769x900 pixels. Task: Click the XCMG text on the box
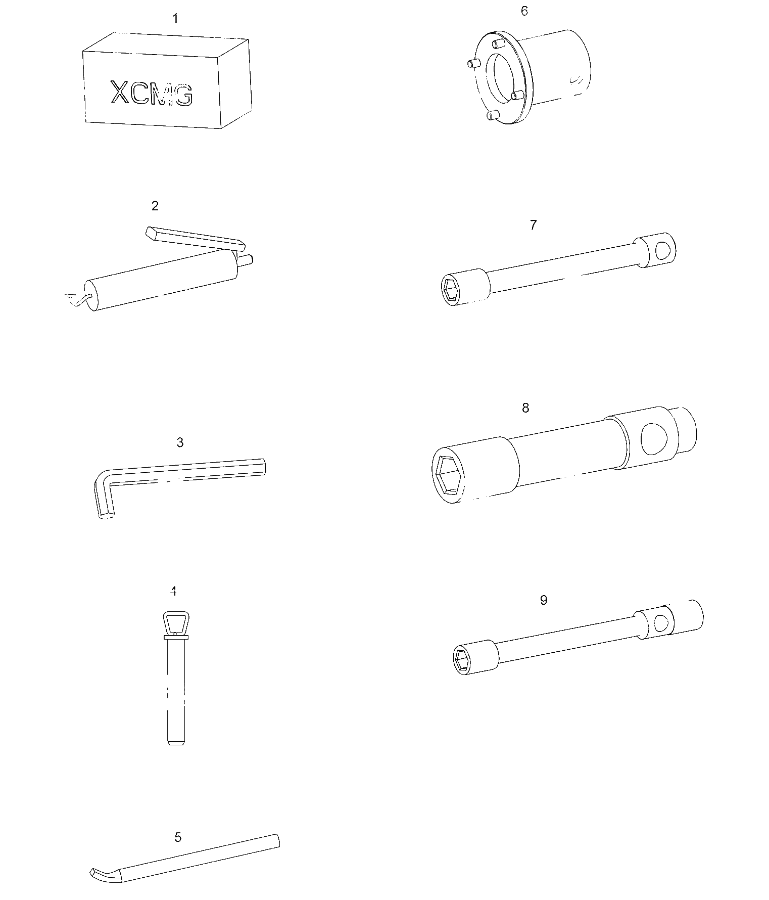tap(152, 93)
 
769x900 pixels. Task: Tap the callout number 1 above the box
tap(175, 19)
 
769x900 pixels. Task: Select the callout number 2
tap(155, 206)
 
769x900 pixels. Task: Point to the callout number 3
tap(180, 442)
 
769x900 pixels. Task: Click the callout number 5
tap(178, 837)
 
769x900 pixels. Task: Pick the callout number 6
tap(524, 11)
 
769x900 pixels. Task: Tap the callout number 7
tap(534, 225)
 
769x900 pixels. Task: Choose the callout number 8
tap(525, 408)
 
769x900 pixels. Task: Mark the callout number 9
tap(544, 600)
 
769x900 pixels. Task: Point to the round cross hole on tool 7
tap(663, 250)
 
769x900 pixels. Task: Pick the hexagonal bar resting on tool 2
tap(196, 239)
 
